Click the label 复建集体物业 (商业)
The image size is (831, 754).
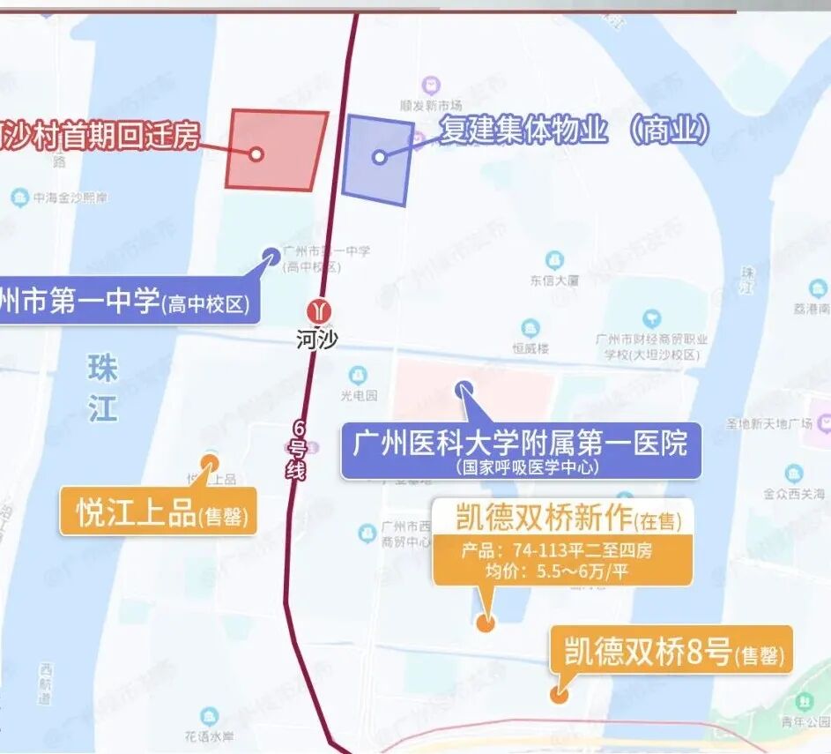coord(575,131)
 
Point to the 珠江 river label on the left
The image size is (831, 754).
coord(102,389)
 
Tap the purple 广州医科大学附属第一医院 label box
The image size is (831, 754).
coord(520,450)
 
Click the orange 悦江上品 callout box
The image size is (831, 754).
coord(159,511)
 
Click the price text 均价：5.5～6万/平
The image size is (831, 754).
coord(546,571)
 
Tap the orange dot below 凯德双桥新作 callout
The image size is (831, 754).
coord(485,623)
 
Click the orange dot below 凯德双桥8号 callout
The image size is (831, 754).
coord(558,694)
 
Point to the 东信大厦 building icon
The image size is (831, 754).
coord(554,260)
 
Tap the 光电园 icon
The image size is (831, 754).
coord(358,376)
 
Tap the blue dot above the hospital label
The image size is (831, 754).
coord(464,389)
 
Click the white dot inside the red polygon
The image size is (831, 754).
coord(256,153)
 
